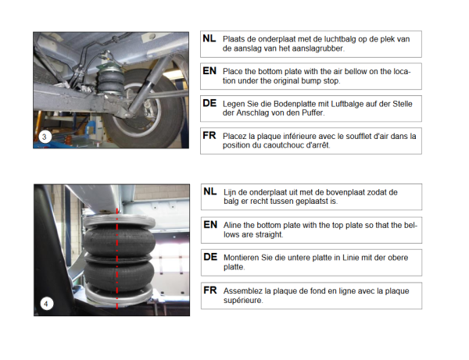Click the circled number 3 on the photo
(x=45, y=137)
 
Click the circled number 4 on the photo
(x=46, y=304)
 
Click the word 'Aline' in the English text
(x=232, y=225)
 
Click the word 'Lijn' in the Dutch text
(x=229, y=192)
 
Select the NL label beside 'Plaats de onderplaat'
(x=209, y=38)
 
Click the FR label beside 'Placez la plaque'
(x=209, y=136)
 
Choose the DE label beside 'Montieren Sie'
(x=210, y=257)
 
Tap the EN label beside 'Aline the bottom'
(x=210, y=225)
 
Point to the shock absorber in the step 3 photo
(x=148, y=86)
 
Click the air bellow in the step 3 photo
(x=111, y=79)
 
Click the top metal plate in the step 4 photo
(x=119, y=222)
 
